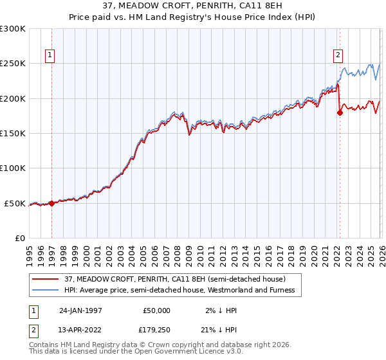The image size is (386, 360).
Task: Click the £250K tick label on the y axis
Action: point(13,64)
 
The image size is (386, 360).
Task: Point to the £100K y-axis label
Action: point(13,168)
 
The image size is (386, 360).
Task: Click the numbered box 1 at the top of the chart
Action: point(51,55)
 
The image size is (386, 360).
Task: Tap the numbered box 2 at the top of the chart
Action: point(338,55)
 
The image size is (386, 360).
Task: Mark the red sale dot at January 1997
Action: point(51,203)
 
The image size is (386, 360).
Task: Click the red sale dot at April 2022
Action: point(340,113)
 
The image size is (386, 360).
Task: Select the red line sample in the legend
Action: point(46,279)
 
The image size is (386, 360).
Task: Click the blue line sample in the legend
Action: point(46,290)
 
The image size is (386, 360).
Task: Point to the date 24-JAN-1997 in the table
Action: point(80,310)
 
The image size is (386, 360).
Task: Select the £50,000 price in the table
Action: point(156,310)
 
